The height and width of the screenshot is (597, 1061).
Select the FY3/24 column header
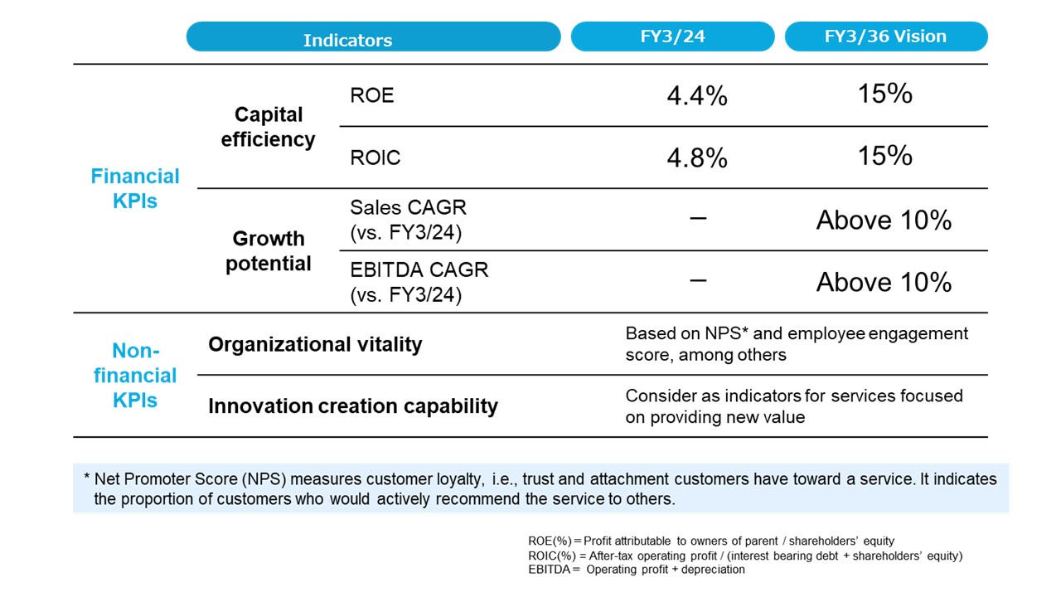click(x=672, y=37)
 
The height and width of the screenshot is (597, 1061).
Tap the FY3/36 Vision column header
click(x=885, y=37)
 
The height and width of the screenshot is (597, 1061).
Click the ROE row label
click(x=372, y=95)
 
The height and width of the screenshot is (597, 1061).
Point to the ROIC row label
click(x=375, y=158)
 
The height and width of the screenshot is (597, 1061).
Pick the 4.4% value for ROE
click(x=697, y=96)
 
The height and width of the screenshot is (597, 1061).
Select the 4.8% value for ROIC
click(x=697, y=158)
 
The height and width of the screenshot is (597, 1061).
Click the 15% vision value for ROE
click(x=884, y=94)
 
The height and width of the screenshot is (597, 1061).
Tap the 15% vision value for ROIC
click(x=884, y=156)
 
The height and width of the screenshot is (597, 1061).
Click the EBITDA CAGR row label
click(x=419, y=282)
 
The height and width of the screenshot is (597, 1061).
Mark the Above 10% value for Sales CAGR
click(x=884, y=221)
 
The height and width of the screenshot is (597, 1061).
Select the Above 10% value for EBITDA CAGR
click(x=884, y=283)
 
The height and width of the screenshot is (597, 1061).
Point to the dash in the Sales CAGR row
click(x=698, y=218)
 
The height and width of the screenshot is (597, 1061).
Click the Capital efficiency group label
click(x=268, y=127)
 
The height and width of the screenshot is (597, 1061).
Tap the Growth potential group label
click(x=268, y=251)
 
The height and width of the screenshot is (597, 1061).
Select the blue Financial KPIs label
click(x=135, y=188)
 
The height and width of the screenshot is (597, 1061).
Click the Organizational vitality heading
click(x=315, y=344)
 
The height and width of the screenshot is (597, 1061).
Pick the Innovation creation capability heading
click(x=353, y=406)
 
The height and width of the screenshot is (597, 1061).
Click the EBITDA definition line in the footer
click(x=636, y=570)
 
